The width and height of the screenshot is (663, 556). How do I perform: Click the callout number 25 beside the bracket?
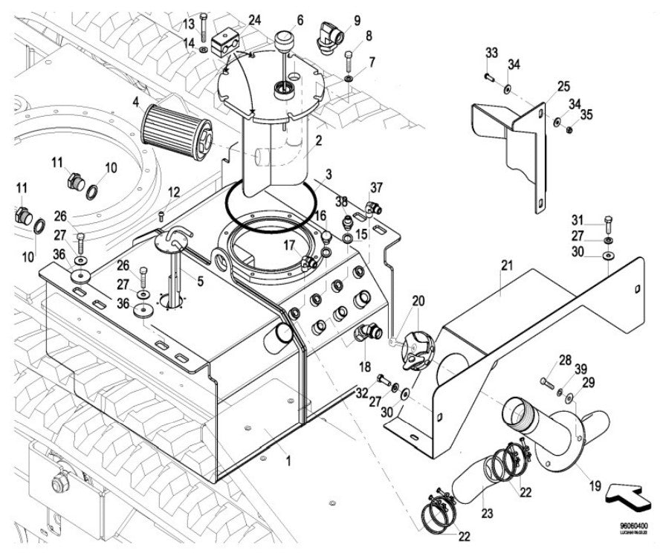pyautogui.click(x=563, y=86)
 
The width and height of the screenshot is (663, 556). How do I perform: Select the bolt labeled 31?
pyautogui.click(x=608, y=222)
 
